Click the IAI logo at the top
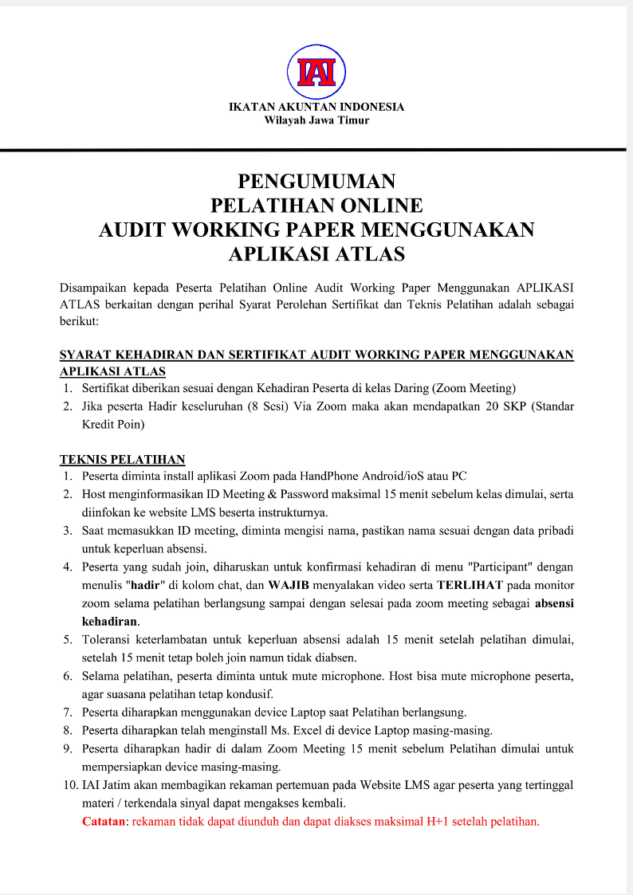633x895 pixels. (316, 71)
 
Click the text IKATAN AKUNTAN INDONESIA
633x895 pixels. (316, 107)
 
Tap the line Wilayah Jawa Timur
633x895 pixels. (316, 120)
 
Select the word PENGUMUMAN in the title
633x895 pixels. (316, 181)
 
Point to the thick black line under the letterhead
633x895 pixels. (316, 150)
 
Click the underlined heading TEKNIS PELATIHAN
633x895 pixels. (123, 459)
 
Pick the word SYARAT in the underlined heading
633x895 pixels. (87, 355)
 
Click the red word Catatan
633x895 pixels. (104, 820)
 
